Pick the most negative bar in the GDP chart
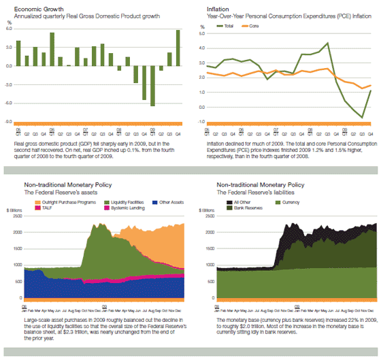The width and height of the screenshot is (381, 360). pos(152,86)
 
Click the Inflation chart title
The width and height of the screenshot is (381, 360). pos(208,7)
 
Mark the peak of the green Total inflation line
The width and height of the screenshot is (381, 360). pos(328,44)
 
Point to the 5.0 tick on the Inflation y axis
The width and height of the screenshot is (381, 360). pos(201,32)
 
